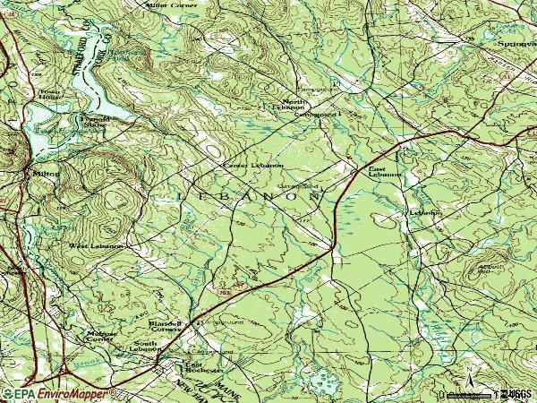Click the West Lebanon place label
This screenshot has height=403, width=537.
(x=96, y=245)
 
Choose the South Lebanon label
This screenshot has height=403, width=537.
(x=145, y=347)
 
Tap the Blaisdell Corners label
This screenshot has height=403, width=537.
(x=165, y=326)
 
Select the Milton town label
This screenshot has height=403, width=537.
(x=44, y=173)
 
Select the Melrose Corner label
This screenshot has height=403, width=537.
(x=100, y=336)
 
